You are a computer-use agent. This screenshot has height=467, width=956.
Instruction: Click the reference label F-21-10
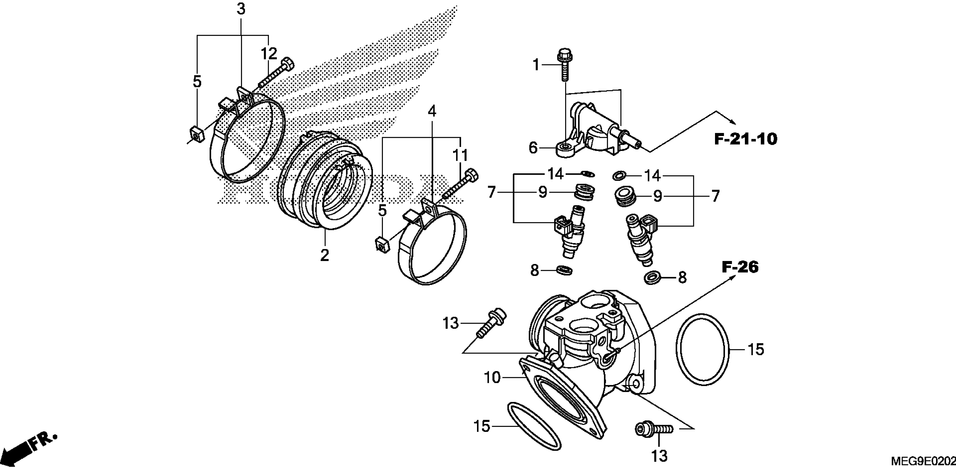tap(745, 139)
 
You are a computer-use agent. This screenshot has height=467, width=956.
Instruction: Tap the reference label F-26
tap(740, 267)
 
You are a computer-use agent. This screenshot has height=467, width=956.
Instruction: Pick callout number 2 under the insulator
tap(324, 255)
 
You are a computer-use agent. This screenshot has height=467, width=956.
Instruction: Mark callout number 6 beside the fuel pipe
tap(533, 148)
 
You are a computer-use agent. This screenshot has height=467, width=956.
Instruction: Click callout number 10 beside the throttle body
tap(492, 378)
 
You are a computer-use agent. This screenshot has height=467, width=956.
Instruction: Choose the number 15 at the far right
tap(756, 350)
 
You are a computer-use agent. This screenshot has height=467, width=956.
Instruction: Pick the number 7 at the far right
tap(715, 196)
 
